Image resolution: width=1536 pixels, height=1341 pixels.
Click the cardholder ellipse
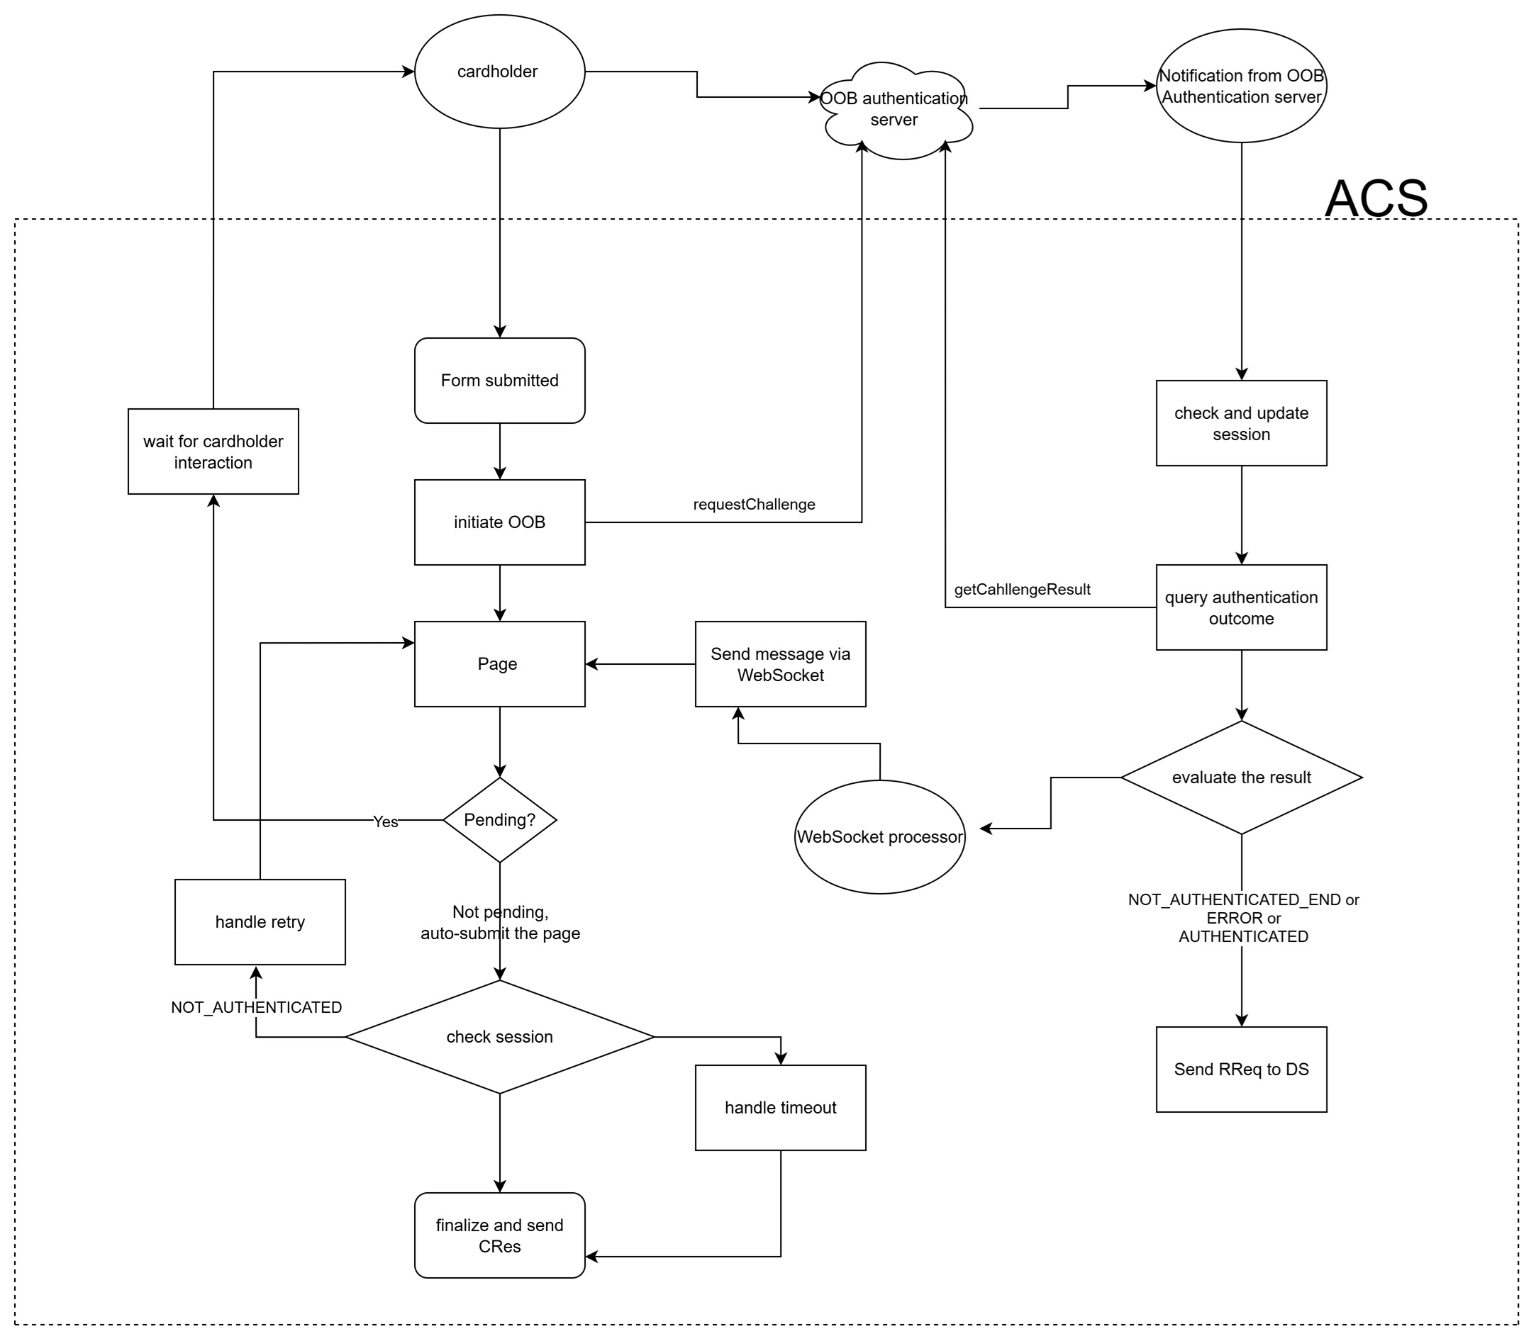tap(499, 72)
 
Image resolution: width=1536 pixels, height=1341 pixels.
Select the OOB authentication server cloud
tap(897, 110)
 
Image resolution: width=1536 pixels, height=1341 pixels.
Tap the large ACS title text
tap(1375, 199)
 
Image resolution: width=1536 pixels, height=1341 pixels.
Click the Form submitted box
tap(499, 381)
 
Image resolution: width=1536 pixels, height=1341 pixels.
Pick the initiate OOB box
tap(499, 522)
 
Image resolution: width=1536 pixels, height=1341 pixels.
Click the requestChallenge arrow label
tap(754, 505)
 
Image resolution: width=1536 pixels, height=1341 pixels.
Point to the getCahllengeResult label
tap(1022, 590)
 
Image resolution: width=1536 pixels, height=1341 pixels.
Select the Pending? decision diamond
tap(499, 820)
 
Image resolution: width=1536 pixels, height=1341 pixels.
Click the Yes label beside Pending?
tap(386, 822)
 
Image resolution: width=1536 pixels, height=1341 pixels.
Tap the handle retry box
tap(260, 922)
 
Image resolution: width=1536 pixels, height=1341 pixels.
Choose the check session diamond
tap(499, 1037)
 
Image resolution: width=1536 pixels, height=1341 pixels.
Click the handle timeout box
tap(780, 1108)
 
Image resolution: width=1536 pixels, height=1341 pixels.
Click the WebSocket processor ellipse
tap(879, 837)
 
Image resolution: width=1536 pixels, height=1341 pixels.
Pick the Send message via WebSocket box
tap(780, 665)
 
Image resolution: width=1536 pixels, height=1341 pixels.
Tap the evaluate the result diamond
tap(1241, 778)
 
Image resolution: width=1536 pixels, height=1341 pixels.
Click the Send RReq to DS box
tap(1241, 1070)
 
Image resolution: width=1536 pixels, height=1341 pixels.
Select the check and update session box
tap(1241, 424)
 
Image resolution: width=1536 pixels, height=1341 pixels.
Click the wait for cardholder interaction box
tap(213, 452)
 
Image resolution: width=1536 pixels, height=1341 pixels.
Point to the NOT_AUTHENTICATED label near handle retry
tap(256, 1008)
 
